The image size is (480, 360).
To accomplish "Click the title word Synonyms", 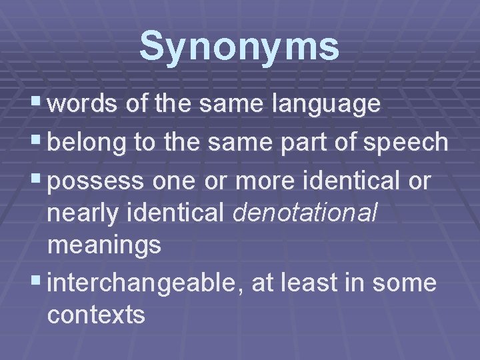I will click(x=239, y=47).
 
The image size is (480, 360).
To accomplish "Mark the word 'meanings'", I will click(x=104, y=245).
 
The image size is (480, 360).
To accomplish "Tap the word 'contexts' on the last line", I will click(x=96, y=315).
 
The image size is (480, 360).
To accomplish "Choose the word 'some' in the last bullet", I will click(x=404, y=283).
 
